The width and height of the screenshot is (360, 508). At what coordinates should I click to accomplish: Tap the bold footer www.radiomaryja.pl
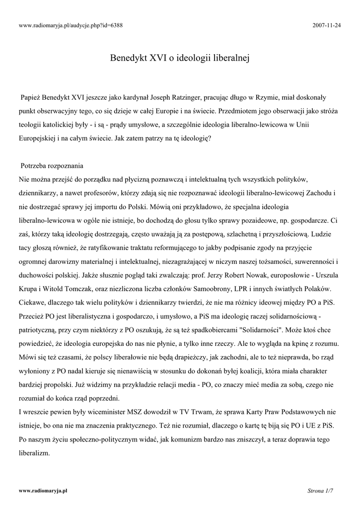[43, 490]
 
